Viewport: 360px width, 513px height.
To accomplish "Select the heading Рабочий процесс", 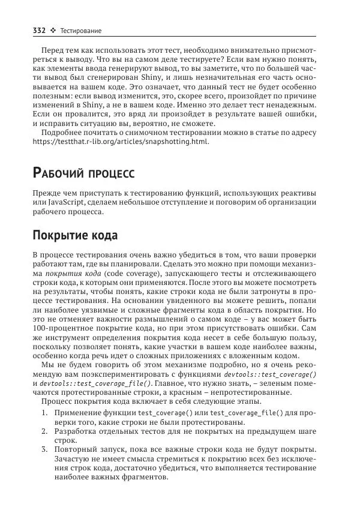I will [x=83, y=173].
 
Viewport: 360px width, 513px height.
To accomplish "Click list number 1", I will [x=45, y=413].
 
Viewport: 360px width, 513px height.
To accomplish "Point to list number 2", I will [x=45, y=432].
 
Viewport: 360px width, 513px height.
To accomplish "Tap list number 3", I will [x=45, y=451].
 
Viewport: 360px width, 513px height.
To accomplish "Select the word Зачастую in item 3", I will [x=72, y=460].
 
